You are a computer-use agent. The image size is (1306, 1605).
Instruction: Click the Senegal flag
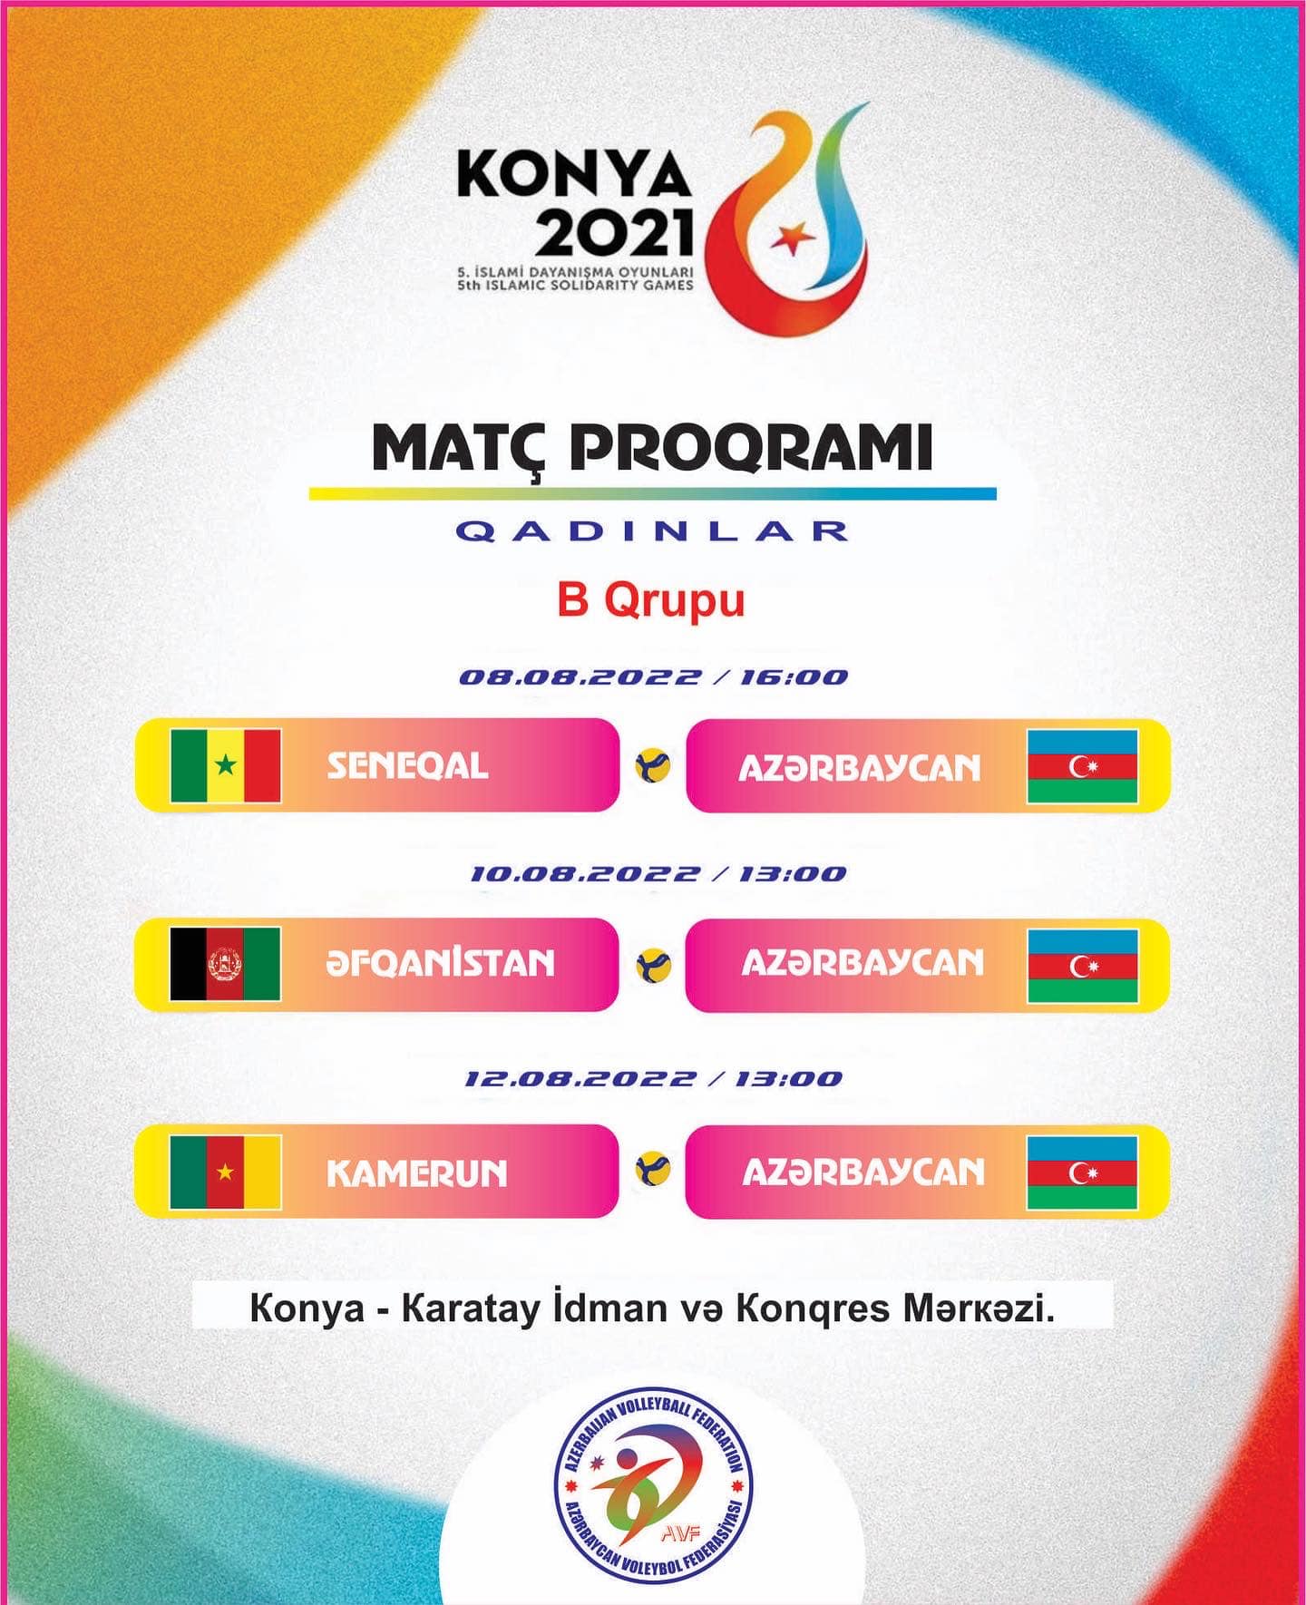pos(226,765)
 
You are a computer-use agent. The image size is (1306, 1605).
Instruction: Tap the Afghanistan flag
pos(225,963)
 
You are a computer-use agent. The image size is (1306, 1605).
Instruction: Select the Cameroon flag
pos(226,1172)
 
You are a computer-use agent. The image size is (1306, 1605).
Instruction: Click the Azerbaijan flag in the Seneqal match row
pos(1082,766)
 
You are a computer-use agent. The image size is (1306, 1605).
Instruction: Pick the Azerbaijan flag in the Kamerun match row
pos(1082,1172)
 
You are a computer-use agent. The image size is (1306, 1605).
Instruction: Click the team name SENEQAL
pos(408,766)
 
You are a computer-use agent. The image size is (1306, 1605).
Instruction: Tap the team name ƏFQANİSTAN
pos(440,962)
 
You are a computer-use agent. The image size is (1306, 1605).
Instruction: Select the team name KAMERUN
pos(416,1173)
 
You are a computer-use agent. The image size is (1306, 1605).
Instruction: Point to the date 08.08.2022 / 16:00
pos(653,677)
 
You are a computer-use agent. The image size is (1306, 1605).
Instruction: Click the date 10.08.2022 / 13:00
pos(658,874)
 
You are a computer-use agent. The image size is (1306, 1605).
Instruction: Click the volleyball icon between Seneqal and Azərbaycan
pos(653,766)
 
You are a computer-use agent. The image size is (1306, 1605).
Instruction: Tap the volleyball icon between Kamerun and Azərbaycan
pos(653,1170)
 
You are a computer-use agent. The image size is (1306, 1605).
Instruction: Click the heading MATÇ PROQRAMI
pos(652,447)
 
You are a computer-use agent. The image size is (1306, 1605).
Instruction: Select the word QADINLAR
pos(652,531)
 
